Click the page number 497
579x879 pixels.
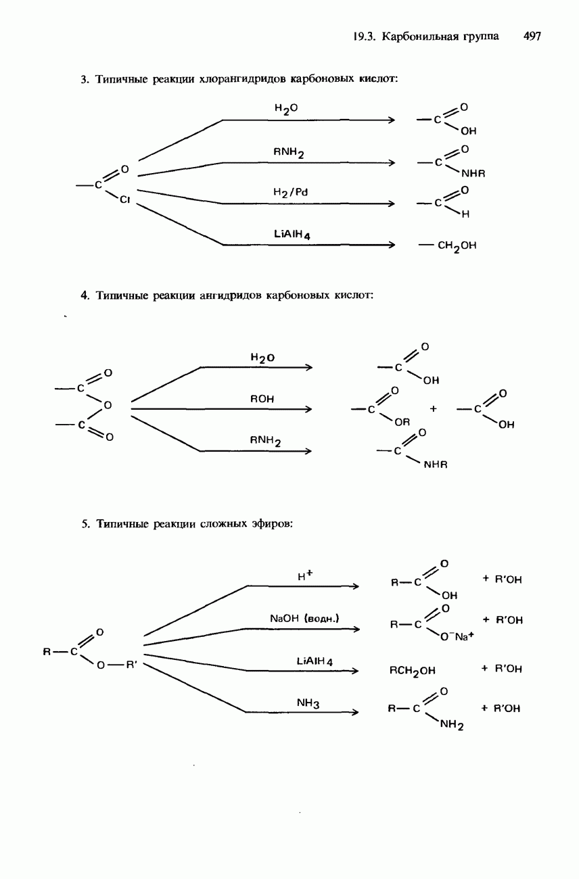[x=532, y=37]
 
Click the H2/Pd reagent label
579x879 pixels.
[x=291, y=193]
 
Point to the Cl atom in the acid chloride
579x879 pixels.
[x=125, y=200]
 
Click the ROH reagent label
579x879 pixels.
[x=262, y=399]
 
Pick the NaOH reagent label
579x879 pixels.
[x=304, y=619]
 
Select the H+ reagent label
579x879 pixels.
[x=305, y=576]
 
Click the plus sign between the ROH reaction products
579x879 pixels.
[x=433, y=409]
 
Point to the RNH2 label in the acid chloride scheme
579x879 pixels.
[x=289, y=153]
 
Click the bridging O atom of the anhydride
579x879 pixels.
[x=107, y=406]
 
